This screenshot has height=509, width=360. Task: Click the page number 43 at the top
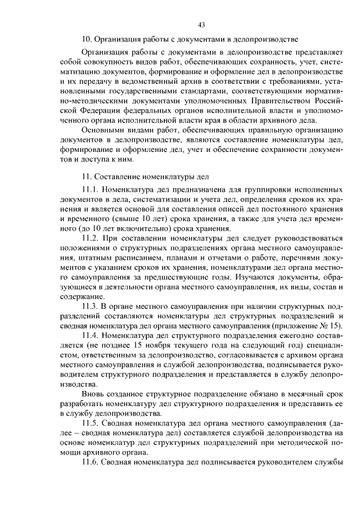(201, 24)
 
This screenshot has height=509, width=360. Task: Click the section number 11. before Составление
(87, 177)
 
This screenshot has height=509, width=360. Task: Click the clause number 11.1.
(91, 192)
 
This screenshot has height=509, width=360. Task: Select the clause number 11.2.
(91, 238)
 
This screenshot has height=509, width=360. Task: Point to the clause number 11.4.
(91, 334)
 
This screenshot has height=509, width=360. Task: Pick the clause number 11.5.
(91, 423)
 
